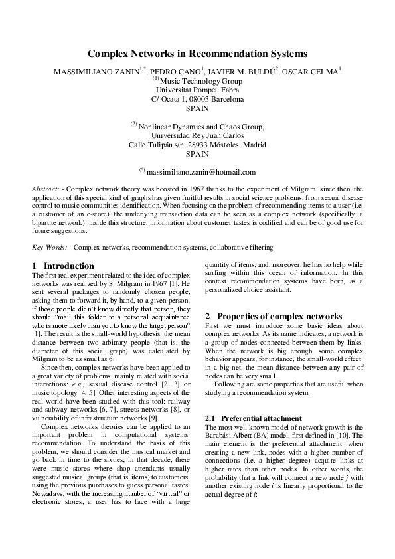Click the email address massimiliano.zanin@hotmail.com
pyautogui.click(x=201, y=172)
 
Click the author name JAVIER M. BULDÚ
pyautogui.click(x=250, y=71)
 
